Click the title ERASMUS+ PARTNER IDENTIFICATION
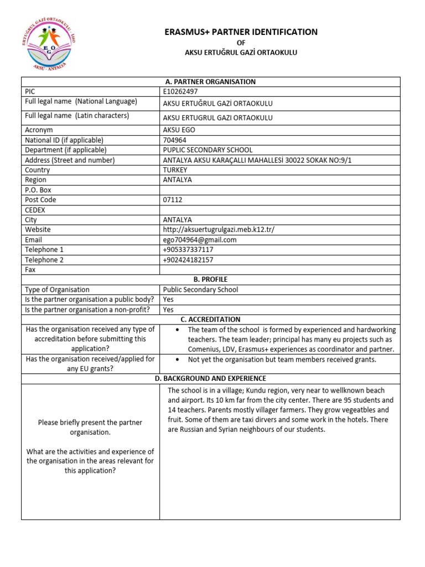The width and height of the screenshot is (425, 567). click(241, 32)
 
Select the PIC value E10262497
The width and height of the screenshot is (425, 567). click(180, 91)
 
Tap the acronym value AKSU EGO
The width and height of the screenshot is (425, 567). click(179, 130)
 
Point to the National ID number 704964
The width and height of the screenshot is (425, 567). click(174, 140)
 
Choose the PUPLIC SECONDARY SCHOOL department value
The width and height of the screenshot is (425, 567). click(208, 150)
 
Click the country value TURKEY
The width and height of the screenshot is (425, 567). click(175, 170)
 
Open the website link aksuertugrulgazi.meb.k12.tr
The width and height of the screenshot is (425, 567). click(219, 230)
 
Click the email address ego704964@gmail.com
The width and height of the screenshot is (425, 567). click(200, 240)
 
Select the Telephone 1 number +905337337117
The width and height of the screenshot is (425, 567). click(188, 250)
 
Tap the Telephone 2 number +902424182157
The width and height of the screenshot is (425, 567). click(188, 260)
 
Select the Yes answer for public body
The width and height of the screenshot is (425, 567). click(168, 300)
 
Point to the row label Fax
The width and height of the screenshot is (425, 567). click(30, 270)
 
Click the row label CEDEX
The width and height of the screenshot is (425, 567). click(35, 210)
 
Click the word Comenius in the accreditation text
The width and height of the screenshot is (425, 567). click(206, 349)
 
